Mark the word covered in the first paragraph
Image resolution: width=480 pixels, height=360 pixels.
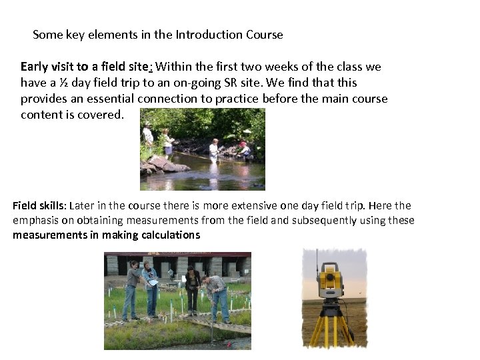[x=104, y=115]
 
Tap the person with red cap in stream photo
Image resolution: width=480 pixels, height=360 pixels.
[x=244, y=149]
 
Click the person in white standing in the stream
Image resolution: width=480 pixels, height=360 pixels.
[x=214, y=149]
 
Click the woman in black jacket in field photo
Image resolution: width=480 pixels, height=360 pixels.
[x=193, y=287]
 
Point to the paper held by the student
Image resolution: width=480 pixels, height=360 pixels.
[x=153, y=283]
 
